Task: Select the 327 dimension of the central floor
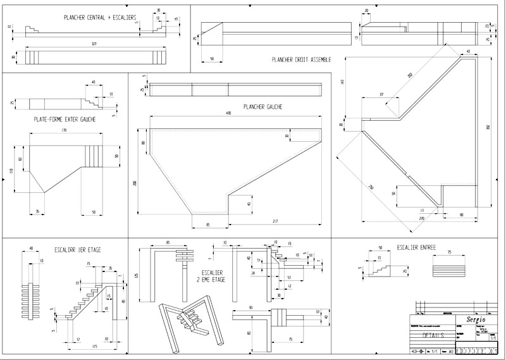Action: (94, 44)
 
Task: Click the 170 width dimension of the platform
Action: (64, 130)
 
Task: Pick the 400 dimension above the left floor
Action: (228, 113)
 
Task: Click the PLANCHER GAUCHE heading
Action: (262, 107)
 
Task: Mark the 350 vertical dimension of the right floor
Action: (487, 128)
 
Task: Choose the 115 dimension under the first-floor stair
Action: (94, 347)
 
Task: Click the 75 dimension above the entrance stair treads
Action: (448, 252)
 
